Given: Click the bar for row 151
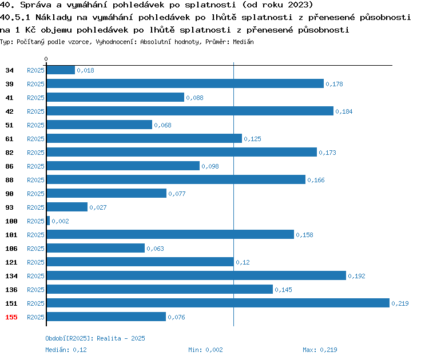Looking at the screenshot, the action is pos(218,303).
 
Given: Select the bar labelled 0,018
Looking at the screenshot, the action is pos(61,70).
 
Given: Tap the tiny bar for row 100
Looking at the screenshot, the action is pos(48,221).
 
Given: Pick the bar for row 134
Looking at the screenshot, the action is pos(196,275).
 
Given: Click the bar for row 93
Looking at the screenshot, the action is pos(67,207).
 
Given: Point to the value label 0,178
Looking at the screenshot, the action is pos(334,84).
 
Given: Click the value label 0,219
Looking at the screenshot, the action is pos(400,303).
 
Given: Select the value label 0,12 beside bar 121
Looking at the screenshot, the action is pos(243,262).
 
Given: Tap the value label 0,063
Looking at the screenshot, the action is pos(155,249).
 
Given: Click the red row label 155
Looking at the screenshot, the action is pos(11,317).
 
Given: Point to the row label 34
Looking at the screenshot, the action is pos(9,70).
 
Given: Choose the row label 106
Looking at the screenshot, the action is pos(11,249).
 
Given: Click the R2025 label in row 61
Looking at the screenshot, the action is pos(35,139).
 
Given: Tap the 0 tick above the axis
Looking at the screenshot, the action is pos(46,59).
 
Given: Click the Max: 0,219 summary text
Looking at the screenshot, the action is pos(320,350).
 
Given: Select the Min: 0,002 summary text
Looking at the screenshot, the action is pos(205,350).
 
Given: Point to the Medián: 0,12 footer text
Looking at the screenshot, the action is pos(66,350).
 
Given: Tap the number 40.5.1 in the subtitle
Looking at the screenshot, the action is pos(15,17).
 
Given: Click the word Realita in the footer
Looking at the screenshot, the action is pos(109,338).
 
